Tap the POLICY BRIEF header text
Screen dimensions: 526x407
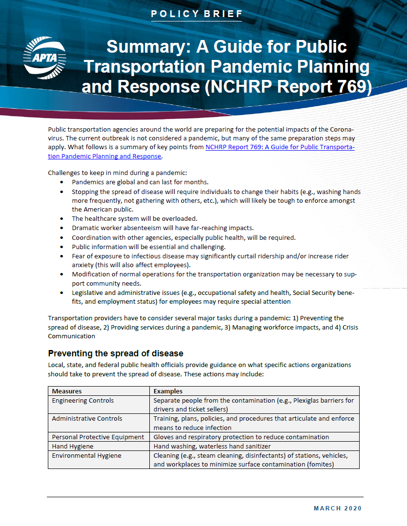pos(197,14)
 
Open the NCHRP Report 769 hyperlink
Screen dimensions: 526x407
pos(280,147)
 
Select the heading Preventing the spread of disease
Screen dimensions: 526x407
pos(115,353)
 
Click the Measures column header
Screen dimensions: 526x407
pos(67,391)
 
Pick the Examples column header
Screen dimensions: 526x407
pos(168,391)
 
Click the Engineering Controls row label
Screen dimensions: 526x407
pos(83,400)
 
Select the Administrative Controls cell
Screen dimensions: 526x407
pos(87,418)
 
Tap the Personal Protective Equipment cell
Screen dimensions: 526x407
pos(98,437)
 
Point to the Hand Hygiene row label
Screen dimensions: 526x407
pos(73,446)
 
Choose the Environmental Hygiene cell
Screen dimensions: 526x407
pos(87,455)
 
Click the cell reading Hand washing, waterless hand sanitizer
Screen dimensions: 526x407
pos(212,446)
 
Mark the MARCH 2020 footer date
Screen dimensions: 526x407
pos(337,508)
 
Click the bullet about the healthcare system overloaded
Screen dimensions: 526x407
pos(134,219)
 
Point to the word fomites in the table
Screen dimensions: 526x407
pos(319,465)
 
